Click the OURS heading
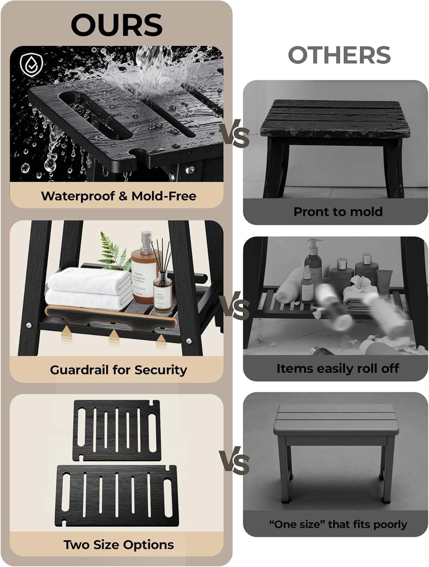tap(117, 25)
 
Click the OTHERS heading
tap(339, 55)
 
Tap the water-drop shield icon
tap(31, 65)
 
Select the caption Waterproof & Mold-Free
tap(119, 196)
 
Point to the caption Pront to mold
tap(338, 212)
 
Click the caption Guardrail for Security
tap(119, 370)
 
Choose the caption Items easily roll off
tap(338, 368)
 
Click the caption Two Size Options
tap(119, 545)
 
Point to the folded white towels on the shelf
tap(89, 288)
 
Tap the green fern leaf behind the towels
tap(112, 252)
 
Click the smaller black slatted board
tap(116, 431)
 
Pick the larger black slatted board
tap(117, 496)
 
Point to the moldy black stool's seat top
tap(335, 118)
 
